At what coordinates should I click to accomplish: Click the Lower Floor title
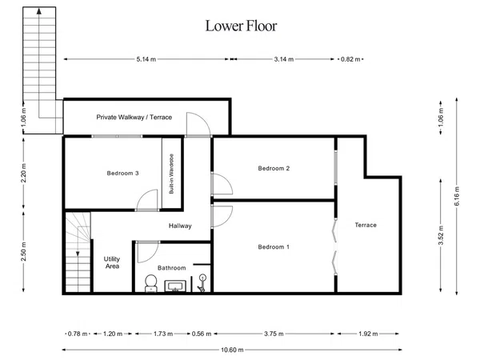[241, 26]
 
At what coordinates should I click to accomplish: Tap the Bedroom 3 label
[122, 174]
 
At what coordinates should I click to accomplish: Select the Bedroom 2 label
[274, 168]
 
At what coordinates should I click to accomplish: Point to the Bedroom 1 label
[274, 247]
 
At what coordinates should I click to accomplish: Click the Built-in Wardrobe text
[171, 174]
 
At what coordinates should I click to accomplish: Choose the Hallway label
[180, 226]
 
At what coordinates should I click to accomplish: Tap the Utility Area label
[112, 262]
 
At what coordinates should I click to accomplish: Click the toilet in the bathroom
[150, 283]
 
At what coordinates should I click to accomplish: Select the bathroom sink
[175, 286]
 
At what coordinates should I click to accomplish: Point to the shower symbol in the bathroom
[202, 283]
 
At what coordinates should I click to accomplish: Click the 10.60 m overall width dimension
[232, 350]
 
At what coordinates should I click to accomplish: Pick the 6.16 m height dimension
[457, 196]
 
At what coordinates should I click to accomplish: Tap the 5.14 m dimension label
[146, 59]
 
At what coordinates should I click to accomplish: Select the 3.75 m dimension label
[274, 334]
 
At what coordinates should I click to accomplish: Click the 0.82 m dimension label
[350, 59]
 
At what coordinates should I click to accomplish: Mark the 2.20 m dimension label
[23, 173]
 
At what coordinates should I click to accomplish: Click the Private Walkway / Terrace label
[134, 117]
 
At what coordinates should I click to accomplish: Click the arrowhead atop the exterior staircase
[39, 11]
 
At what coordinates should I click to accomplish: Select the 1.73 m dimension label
[163, 334]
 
